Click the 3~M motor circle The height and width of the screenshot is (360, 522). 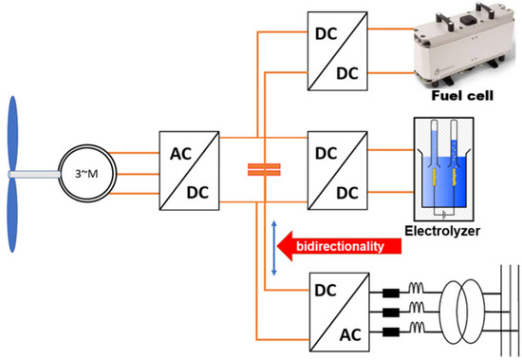87,144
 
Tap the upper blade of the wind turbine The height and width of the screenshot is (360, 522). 12,133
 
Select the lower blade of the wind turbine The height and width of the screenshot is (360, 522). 12,215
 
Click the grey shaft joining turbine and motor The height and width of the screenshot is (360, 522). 34,175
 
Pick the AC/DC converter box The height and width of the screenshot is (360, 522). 189,171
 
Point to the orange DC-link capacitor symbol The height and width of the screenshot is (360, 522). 264,169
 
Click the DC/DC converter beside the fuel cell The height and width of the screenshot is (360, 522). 338,51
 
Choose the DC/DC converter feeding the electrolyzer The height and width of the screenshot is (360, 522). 338,170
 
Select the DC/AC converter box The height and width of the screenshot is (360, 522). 339,312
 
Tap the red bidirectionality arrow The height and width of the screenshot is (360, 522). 339,246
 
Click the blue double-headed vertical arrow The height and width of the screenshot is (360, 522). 274,248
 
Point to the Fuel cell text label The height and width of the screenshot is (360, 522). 462,96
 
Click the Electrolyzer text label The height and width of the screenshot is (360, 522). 442,231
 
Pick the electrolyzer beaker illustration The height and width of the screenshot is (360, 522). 443,169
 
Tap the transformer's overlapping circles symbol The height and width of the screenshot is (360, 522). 460,312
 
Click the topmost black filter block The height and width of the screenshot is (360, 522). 391,293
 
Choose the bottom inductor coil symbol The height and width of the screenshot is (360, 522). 416,328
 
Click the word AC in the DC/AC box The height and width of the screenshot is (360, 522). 350,334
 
